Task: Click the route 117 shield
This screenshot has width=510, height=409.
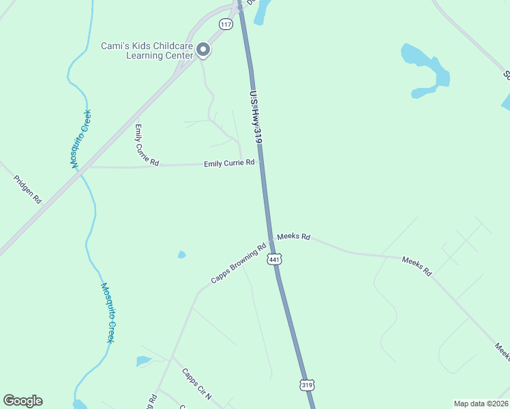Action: (226, 24)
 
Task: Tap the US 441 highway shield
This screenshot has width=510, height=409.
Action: (274, 260)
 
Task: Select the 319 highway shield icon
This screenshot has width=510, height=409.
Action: (307, 385)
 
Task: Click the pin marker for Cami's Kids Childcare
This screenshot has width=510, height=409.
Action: (202, 49)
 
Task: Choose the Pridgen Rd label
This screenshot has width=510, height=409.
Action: (27, 190)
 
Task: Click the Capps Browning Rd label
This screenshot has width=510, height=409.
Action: (238, 264)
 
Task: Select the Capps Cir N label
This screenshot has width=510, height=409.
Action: (197, 384)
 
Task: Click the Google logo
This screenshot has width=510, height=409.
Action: (22, 401)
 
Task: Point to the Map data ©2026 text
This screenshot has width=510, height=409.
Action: (481, 404)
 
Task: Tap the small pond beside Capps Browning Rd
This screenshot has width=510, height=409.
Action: (181, 255)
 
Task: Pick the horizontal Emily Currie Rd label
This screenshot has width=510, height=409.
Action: (229, 163)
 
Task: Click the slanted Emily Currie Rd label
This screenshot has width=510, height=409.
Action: (146, 145)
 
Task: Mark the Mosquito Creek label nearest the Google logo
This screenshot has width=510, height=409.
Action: (107, 312)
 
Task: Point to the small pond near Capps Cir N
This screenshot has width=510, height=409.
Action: (143, 361)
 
